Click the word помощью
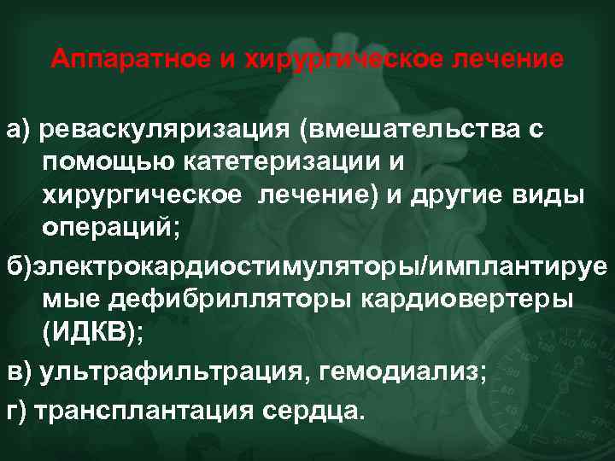(97, 161)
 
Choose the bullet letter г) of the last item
(17, 410)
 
